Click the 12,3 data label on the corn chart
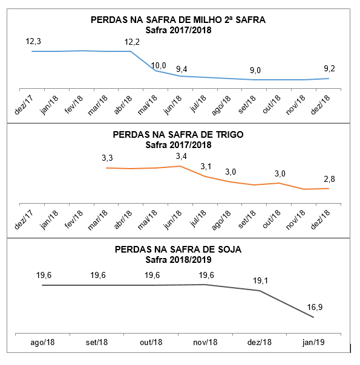click(33, 42)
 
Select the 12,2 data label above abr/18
click(132, 42)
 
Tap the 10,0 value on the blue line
click(159, 66)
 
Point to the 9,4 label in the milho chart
click(182, 69)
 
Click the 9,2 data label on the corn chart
click(330, 69)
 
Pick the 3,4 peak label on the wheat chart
click(182, 156)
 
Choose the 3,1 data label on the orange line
click(206, 167)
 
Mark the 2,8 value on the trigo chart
click(330, 179)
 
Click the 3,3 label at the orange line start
click(108, 158)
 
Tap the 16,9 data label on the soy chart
click(315, 307)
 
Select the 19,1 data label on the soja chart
click(261, 281)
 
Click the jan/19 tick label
click(313, 343)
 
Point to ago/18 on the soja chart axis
click(42, 343)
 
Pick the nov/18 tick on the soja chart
click(205, 343)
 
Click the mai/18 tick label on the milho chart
click(147, 105)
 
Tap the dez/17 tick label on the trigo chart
click(24, 219)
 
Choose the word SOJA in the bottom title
click(229, 250)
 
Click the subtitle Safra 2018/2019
click(178, 260)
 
